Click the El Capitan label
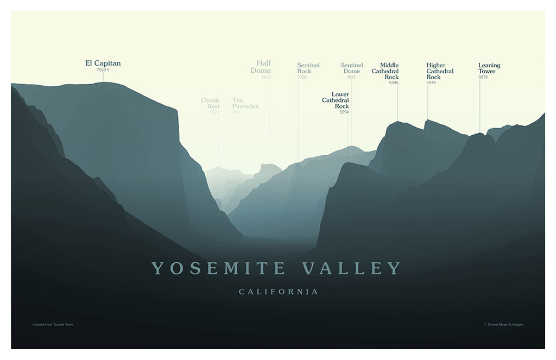pyautogui.click(x=103, y=63)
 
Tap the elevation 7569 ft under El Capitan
pyautogui.click(x=103, y=70)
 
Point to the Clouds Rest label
pyautogui.click(x=210, y=103)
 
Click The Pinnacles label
pyautogui.click(x=245, y=103)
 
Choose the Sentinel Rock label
pyautogui.click(x=308, y=68)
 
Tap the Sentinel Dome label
pyautogui.click(x=351, y=68)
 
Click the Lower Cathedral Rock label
pyautogui.click(x=336, y=100)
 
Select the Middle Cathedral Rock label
pyautogui.click(x=386, y=71)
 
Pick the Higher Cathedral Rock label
pyautogui.click(x=440, y=71)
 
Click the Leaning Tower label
pyautogui.click(x=489, y=68)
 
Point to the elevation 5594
pyautogui.click(x=344, y=112)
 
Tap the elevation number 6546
pyautogui.click(x=394, y=83)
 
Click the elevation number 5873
pyautogui.click(x=483, y=77)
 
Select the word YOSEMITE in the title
pyautogui.click(x=218, y=268)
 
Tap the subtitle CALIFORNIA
pyautogui.click(x=279, y=292)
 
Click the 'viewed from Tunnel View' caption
pyautogui.click(x=53, y=325)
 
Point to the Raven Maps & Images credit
pyautogui.click(x=503, y=325)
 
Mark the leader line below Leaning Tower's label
pyautogui.click(x=479, y=106)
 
